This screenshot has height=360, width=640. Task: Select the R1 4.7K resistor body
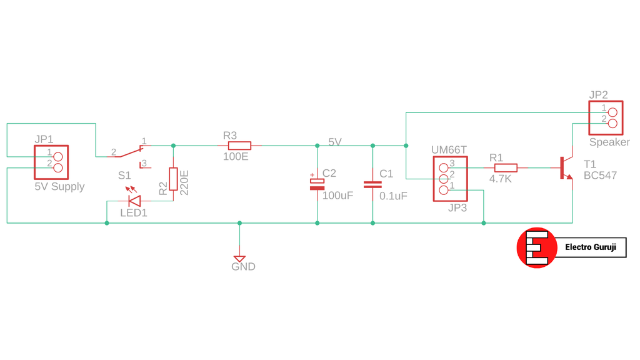click(x=506, y=167)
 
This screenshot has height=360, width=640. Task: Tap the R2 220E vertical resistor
click(x=173, y=179)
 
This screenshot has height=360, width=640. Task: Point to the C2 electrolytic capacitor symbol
click(x=317, y=182)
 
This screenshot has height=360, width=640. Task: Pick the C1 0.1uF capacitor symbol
click(x=372, y=184)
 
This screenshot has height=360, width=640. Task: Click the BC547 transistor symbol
click(x=566, y=168)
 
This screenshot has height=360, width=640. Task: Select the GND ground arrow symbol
click(x=239, y=258)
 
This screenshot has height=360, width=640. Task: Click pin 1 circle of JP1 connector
click(x=58, y=156)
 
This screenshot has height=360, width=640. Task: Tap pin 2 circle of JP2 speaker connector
click(x=612, y=122)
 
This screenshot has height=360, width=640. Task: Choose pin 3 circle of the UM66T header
click(x=444, y=167)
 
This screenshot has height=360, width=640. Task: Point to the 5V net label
click(x=335, y=142)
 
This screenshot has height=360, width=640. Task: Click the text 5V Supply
click(x=59, y=186)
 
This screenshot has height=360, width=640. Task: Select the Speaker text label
click(x=609, y=142)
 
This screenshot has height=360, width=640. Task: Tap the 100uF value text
click(x=337, y=196)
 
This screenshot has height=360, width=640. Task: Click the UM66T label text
click(x=449, y=150)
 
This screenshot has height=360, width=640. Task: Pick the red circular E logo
click(x=536, y=247)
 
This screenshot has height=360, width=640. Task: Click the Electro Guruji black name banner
click(x=590, y=247)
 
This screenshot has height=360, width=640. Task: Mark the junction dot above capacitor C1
click(x=372, y=146)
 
